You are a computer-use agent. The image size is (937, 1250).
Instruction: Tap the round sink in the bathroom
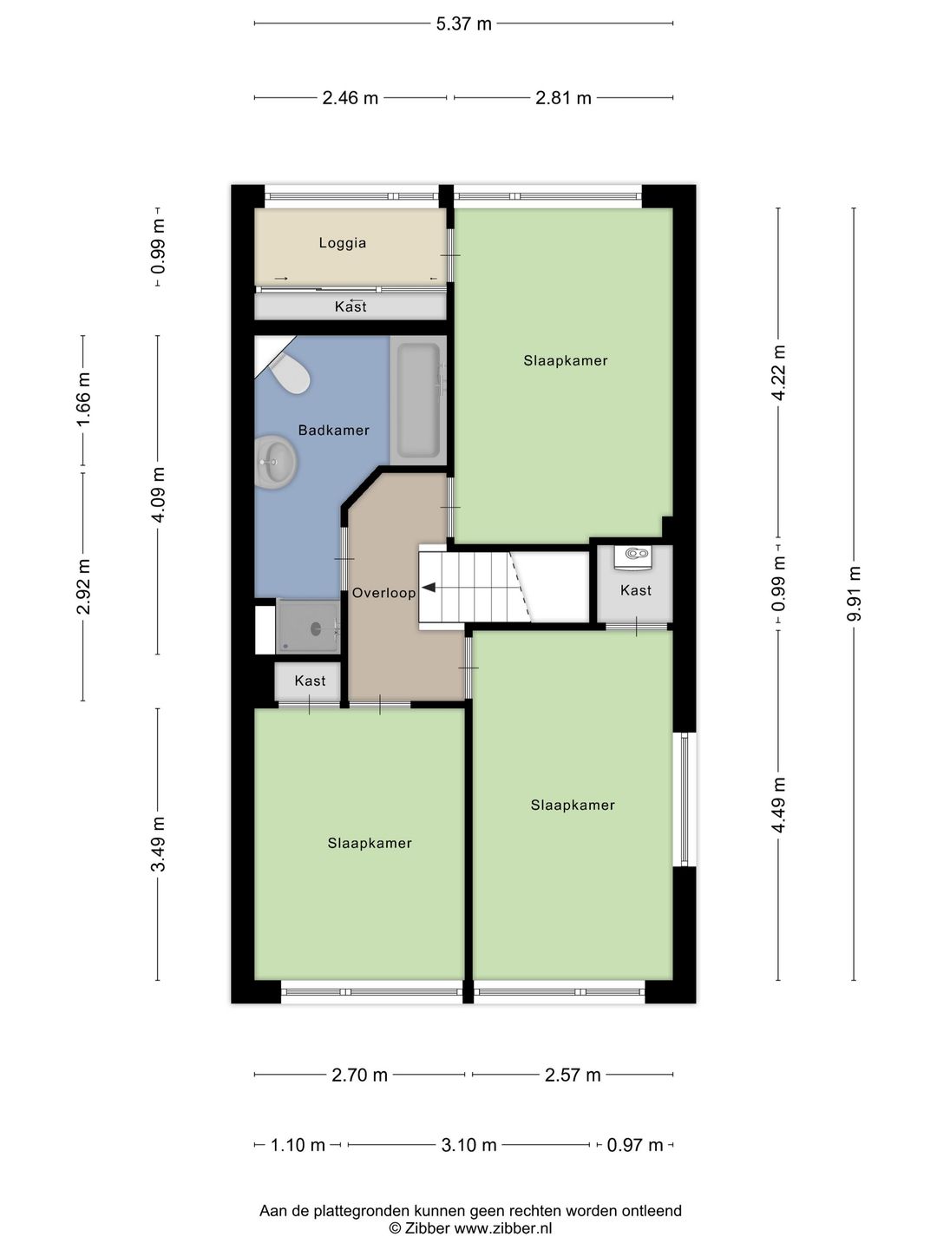tap(275, 462)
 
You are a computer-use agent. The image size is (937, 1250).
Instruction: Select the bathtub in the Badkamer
tap(418, 400)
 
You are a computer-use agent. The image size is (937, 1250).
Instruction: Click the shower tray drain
tap(316, 628)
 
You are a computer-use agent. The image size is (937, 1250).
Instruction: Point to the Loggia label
tap(343, 243)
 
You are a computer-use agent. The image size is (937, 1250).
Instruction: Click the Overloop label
tap(384, 593)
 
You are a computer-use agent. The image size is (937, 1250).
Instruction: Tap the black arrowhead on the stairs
tap(429, 587)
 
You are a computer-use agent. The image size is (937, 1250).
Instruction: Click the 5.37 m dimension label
tap(463, 24)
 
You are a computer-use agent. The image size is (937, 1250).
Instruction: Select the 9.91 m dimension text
tap(854, 594)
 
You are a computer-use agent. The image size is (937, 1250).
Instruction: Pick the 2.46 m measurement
tap(351, 98)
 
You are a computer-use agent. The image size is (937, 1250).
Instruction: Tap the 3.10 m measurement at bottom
tap(468, 1145)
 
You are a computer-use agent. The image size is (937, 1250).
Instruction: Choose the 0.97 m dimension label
tap(635, 1145)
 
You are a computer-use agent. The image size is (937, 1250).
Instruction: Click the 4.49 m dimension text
tap(778, 805)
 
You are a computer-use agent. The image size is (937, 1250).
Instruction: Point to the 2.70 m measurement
tap(359, 1076)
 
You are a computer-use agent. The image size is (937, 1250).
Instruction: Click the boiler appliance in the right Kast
tap(635, 556)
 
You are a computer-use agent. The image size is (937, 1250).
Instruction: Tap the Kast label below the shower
tap(310, 681)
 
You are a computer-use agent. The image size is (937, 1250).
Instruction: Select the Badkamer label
tap(334, 430)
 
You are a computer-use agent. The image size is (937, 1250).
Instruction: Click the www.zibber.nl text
tap(503, 1228)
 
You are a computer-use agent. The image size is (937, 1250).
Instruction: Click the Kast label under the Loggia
tap(351, 306)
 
